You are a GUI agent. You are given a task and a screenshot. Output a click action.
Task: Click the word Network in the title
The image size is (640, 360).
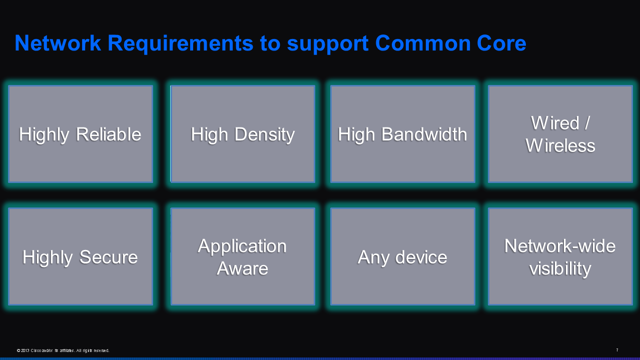(58, 43)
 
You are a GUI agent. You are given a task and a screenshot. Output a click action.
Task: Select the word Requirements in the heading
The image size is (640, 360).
(180, 43)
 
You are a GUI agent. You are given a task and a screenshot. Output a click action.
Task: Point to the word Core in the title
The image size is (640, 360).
(501, 43)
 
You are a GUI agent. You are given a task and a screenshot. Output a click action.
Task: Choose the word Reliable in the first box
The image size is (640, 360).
(109, 134)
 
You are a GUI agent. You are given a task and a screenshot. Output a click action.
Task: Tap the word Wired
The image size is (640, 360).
(555, 123)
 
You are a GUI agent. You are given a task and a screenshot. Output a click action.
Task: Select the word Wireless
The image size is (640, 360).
(560, 145)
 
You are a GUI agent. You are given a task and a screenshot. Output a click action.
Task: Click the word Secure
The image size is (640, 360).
(109, 257)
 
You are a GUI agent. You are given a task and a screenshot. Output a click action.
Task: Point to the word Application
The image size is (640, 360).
(242, 246)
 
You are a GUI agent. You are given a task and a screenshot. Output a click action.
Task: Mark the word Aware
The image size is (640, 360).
(242, 268)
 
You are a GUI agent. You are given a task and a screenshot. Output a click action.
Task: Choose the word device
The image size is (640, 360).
(421, 257)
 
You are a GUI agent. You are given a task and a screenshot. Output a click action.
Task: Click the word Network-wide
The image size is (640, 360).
(560, 246)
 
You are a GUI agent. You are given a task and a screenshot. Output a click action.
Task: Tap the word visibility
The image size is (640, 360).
(560, 268)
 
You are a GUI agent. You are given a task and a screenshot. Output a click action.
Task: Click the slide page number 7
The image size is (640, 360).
(617, 350)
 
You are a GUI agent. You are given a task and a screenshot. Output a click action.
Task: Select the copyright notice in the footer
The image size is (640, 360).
(63, 350)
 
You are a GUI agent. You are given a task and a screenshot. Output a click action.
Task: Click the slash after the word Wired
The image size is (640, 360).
(587, 123)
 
